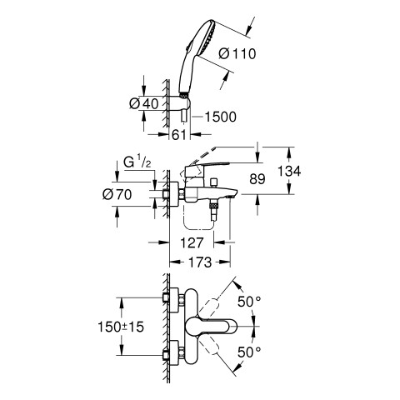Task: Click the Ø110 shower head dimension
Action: [x=237, y=53]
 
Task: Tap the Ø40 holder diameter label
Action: [x=144, y=104]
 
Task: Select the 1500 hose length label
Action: [x=221, y=117]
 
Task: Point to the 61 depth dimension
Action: [x=179, y=135]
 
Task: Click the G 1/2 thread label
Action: [x=137, y=162]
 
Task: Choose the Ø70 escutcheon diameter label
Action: [x=117, y=194]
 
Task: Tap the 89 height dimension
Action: [x=257, y=179]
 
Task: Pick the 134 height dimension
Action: [x=289, y=171]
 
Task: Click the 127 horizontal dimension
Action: [x=192, y=242]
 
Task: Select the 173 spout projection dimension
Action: [x=200, y=262]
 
